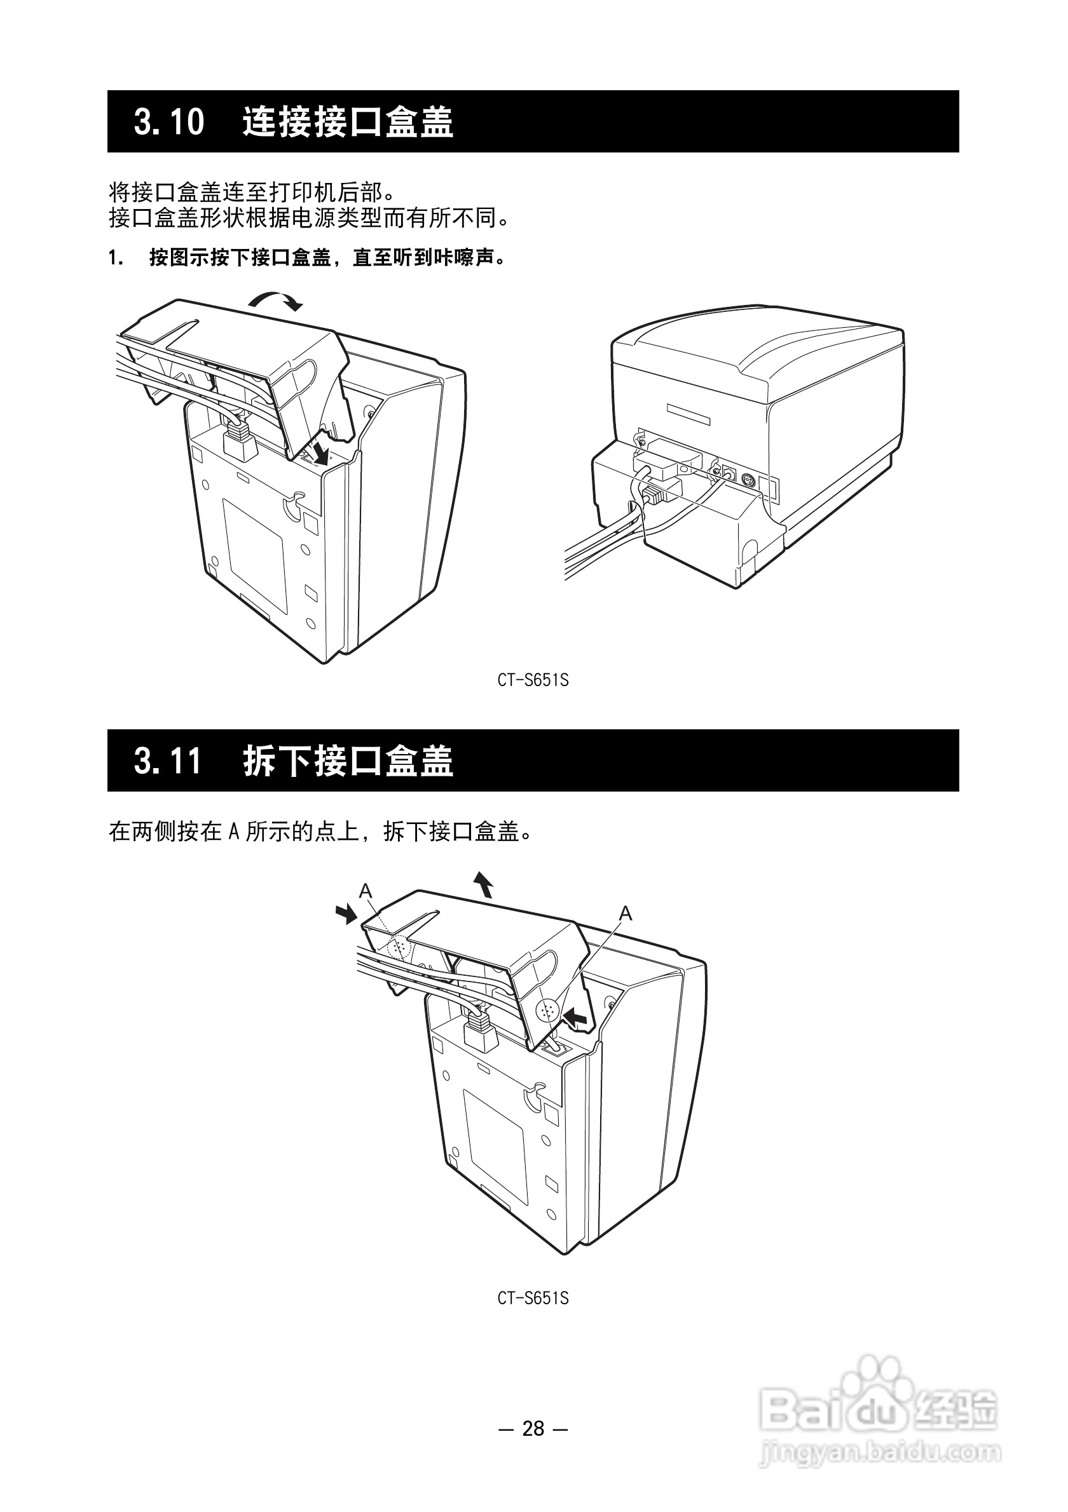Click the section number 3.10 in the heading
click(x=168, y=122)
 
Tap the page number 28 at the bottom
click(x=533, y=1428)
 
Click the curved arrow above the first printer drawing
click(x=275, y=302)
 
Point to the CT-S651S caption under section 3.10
click(x=533, y=680)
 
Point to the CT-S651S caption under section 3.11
click(x=533, y=1298)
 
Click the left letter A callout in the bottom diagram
click(x=366, y=892)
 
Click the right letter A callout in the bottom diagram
click(x=626, y=914)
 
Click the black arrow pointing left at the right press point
click(x=577, y=1018)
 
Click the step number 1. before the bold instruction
click(x=115, y=258)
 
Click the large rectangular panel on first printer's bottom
click(x=256, y=556)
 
